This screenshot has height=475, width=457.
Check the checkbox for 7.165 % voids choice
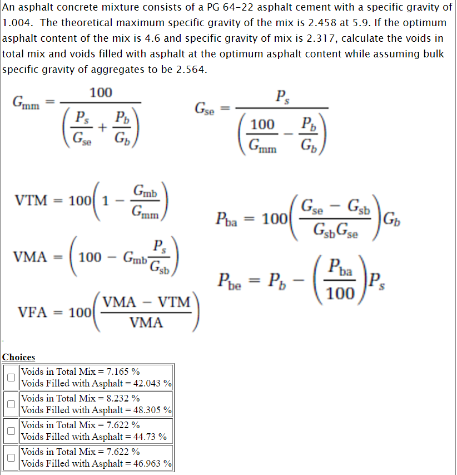point(11,377)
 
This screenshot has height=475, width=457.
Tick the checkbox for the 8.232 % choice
point(11,404)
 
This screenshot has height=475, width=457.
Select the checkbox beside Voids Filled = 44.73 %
point(11,430)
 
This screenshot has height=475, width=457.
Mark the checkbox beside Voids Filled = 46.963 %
point(11,457)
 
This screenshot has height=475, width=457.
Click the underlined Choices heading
point(18,358)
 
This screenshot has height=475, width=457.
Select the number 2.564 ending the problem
point(189,70)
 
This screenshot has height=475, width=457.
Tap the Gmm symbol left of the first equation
point(26,102)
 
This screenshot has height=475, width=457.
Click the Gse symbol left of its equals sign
point(205,107)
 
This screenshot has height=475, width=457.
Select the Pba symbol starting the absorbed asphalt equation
point(227,218)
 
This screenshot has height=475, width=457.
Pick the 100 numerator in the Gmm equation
point(101,92)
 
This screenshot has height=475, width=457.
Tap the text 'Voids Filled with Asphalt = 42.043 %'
point(96,383)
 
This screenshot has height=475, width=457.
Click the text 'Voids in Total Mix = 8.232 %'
point(80,398)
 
